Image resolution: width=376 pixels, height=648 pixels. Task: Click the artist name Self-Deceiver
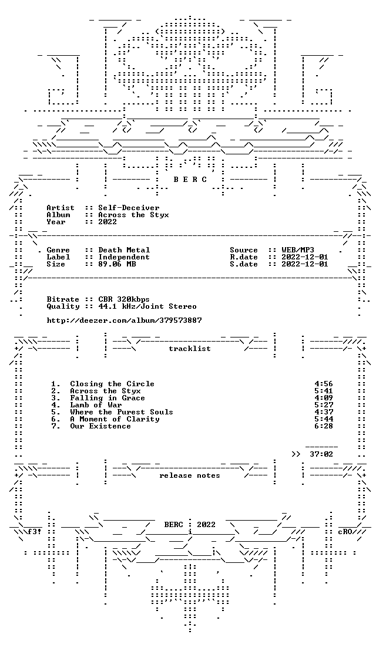tap(129, 208)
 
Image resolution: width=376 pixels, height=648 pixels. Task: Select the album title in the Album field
tap(133, 215)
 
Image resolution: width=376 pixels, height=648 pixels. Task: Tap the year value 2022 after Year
tap(108, 222)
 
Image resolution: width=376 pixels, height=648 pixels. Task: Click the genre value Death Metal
tap(124, 250)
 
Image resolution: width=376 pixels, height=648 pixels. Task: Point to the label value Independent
tap(124, 257)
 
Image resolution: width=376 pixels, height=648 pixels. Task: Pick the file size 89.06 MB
tap(117, 264)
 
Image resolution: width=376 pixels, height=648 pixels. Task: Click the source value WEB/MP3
tap(298, 250)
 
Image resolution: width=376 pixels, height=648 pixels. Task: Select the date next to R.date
tap(305, 257)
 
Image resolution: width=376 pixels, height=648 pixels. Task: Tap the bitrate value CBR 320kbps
tap(124, 299)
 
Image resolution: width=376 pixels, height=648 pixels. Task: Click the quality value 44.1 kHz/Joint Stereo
tap(147, 306)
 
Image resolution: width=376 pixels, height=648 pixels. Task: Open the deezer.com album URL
tap(124, 320)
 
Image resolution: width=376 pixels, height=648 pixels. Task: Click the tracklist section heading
tap(189, 349)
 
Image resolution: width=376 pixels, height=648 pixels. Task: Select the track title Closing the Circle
tap(112, 384)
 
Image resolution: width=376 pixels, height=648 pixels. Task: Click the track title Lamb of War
tap(96, 405)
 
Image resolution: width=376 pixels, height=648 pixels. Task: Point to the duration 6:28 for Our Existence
tap(324, 426)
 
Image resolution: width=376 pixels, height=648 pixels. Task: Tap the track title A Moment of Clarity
tap(115, 419)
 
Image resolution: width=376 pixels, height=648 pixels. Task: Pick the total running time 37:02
tap(321, 454)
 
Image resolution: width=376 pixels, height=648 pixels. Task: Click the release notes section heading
tap(189, 475)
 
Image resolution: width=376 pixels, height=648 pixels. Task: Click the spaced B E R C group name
tap(190, 180)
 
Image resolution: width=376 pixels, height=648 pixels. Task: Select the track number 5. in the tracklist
tap(56, 412)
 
